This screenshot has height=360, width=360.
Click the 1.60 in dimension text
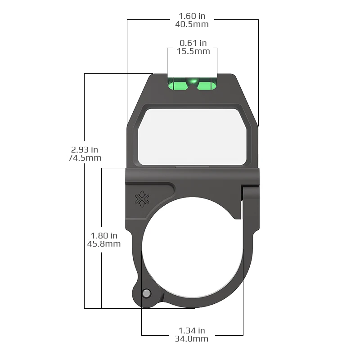click(193, 16)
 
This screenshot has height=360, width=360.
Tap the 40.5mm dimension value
click(193, 24)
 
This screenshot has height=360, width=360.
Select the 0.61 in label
click(193, 43)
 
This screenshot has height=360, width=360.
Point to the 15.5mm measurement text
click(193, 51)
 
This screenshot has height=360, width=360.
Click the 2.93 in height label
click(85, 149)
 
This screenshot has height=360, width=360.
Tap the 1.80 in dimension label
click(104, 235)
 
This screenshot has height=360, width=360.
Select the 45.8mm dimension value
click(104, 243)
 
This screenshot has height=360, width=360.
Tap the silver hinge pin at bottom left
click(146, 293)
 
